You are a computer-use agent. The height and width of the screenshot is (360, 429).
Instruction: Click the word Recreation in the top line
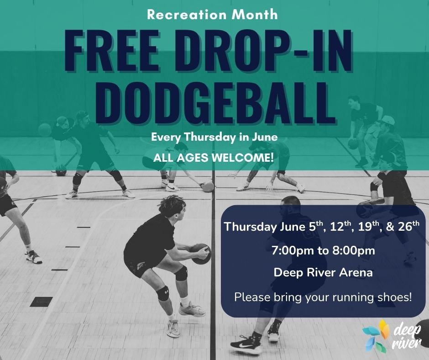(x=187, y=15)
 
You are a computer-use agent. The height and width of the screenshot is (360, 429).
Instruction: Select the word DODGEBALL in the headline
(x=216, y=103)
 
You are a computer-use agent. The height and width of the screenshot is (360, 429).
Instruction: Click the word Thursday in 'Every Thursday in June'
(x=210, y=137)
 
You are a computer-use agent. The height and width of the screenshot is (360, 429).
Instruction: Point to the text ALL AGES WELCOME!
(x=214, y=158)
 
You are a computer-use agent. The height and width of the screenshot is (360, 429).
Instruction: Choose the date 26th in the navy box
(x=408, y=226)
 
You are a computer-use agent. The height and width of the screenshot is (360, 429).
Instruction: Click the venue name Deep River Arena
(x=323, y=273)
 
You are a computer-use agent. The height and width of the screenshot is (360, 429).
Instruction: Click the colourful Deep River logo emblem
(x=375, y=336)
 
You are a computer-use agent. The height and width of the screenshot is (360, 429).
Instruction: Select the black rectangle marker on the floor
(x=42, y=302)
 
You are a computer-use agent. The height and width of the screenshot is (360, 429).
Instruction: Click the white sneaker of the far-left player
(x=34, y=257)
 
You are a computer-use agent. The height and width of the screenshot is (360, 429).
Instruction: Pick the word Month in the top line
(x=255, y=15)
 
